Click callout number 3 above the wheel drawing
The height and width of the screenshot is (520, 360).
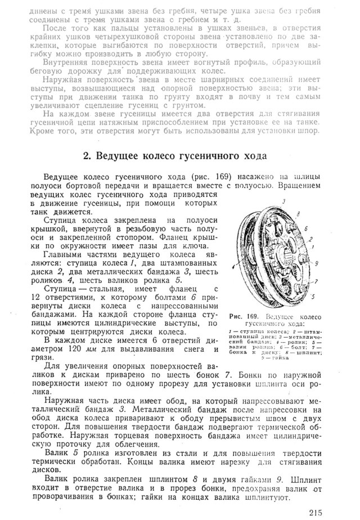pos(285,200)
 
